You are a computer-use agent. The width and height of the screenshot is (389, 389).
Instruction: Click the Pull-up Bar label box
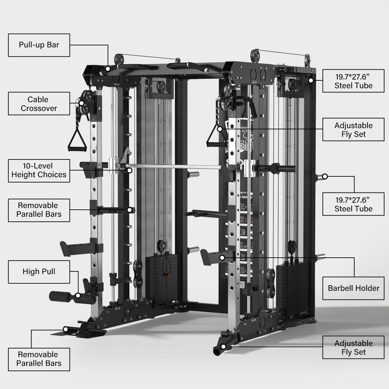(x=39, y=45)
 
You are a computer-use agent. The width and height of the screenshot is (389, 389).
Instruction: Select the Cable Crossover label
(x=39, y=104)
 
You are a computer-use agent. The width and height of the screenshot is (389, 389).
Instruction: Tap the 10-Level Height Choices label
(x=39, y=171)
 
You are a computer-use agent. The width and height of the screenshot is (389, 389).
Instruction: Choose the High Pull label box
(x=39, y=272)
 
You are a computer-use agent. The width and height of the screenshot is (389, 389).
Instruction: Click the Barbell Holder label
(x=353, y=288)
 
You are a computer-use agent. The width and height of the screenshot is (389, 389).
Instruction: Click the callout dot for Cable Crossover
(x=82, y=103)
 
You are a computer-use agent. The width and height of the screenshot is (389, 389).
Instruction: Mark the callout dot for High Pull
(x=78, y=295)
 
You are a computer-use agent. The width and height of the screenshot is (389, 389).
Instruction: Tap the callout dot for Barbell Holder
(x=222, y=258)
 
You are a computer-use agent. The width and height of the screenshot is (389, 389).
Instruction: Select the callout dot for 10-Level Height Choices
(x=129, y=170)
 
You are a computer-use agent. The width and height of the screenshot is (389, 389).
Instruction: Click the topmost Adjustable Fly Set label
(x=353, y=130)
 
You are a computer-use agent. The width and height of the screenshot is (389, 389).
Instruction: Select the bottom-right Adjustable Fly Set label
(x=353, y=348)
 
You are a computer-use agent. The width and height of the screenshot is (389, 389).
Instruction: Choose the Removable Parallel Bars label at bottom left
(x=39, y=359)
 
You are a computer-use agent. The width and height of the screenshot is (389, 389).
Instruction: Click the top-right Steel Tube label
(x=353, y=81)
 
